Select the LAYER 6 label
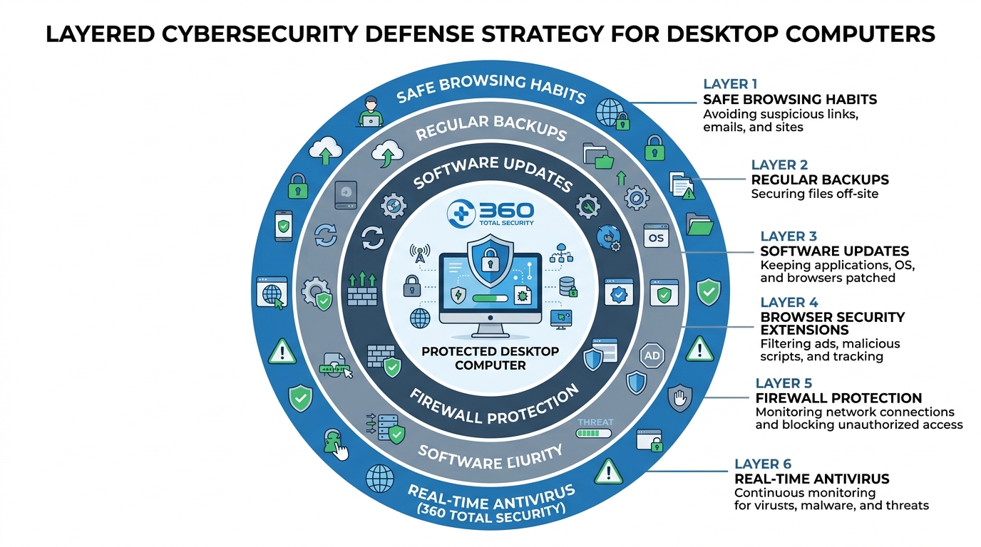(763, 464)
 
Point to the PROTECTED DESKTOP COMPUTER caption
(490, 358)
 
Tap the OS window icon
(654, 236)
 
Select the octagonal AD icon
(652, 355)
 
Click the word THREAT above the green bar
(595, 422)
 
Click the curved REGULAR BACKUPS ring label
(491, 129)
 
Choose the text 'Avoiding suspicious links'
(780, 114)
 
